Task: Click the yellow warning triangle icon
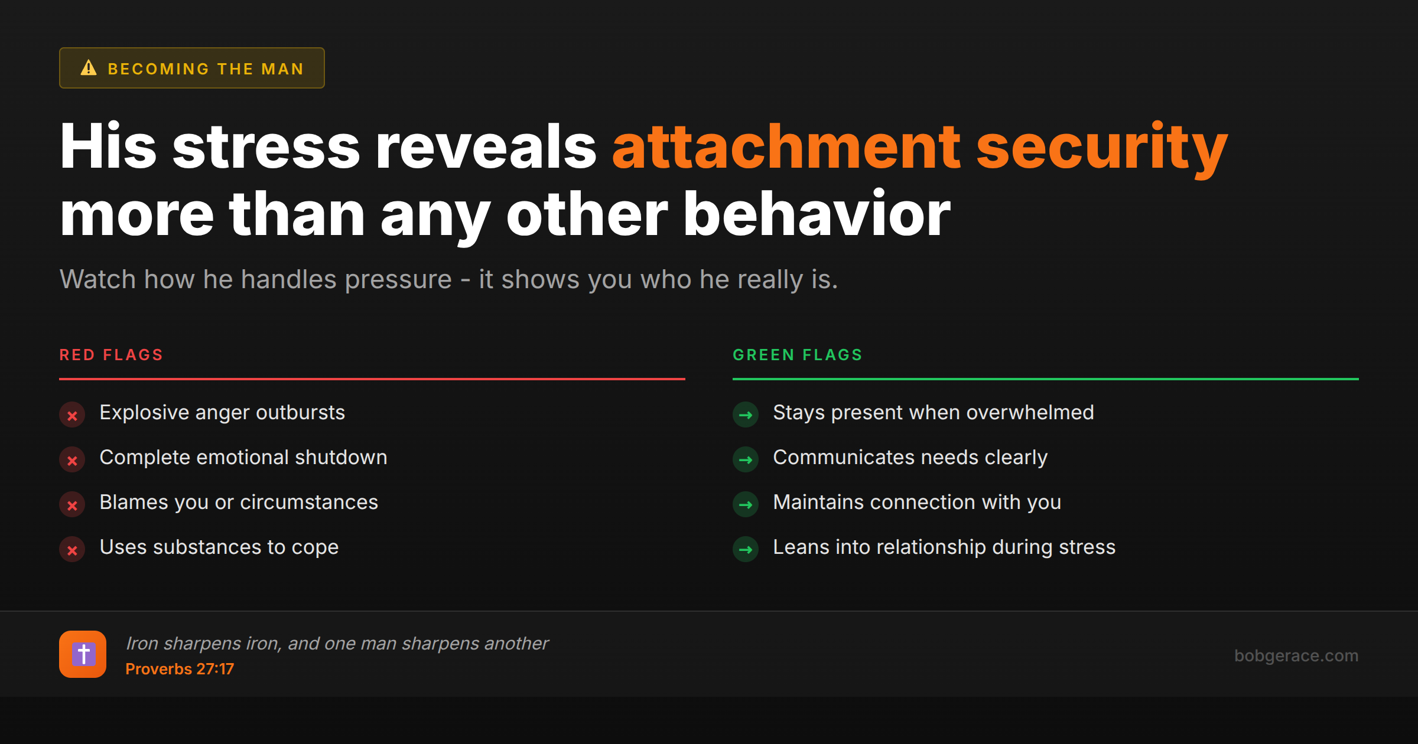89,68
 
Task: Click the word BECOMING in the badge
158,69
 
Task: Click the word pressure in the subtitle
398,279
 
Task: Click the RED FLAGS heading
111,355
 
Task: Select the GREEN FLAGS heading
798,355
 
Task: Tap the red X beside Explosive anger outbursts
72,415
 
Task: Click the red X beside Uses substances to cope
72,550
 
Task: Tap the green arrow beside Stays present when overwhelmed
746,415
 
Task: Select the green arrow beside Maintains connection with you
746,505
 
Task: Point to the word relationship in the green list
931,547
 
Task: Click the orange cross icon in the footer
83,654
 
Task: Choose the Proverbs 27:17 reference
180,669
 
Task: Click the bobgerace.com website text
1296,655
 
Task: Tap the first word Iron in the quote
142,644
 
